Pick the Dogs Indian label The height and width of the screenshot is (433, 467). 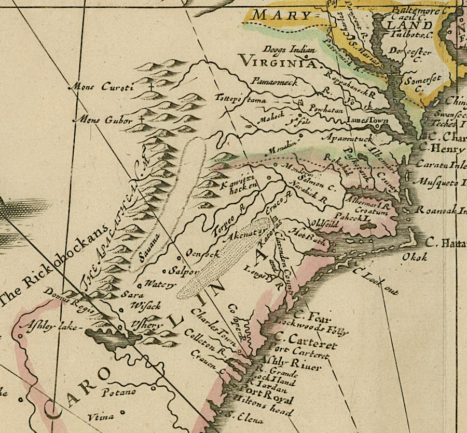pos(282,50)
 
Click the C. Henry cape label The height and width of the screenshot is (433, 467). pos(441,149)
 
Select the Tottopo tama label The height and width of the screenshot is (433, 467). pos(241,99)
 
